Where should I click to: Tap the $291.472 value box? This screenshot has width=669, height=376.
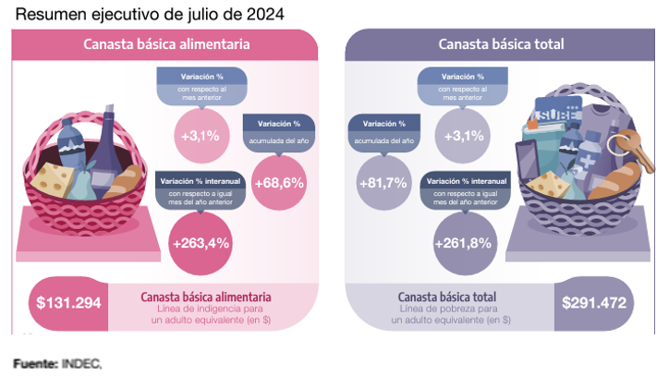pos(593,303)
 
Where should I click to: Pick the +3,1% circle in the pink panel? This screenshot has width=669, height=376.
pos(200,135)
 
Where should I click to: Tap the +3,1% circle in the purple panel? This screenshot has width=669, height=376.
pos(462,135)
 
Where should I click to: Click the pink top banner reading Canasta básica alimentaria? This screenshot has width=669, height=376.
pos(166,43)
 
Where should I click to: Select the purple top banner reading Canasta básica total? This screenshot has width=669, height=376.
pos(502,43)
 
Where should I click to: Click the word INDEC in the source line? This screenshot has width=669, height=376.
pos(80,364)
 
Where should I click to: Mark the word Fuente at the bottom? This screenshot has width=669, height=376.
pos(35,364)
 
